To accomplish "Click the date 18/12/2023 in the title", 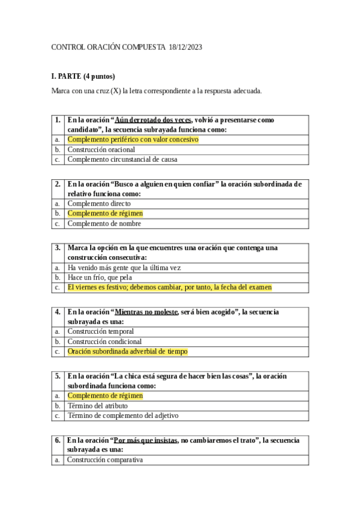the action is (x=186, y=48).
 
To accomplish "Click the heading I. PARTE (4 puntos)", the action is (x=83, y=76).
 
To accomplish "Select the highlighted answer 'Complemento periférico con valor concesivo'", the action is (x=132, y=140).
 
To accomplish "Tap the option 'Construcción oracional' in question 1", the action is (x=101, y=150).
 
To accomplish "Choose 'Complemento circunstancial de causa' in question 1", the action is (x=122, y=159).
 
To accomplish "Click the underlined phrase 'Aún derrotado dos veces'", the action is (x=153, y=120).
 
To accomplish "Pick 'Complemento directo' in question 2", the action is (x=99, y=203).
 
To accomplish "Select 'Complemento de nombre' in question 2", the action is (x=104, y=223).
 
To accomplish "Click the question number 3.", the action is (x=58, y=248).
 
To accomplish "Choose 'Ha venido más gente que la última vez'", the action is (x=124, y=267).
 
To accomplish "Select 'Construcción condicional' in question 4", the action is (x=104, y=341).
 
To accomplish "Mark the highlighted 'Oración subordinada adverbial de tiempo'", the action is (x=127, y=351).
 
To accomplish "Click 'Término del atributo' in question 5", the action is (x=97, y=405).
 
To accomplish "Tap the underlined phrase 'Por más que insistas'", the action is (x=146, y=440).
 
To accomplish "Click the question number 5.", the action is (x=58, y=376).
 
